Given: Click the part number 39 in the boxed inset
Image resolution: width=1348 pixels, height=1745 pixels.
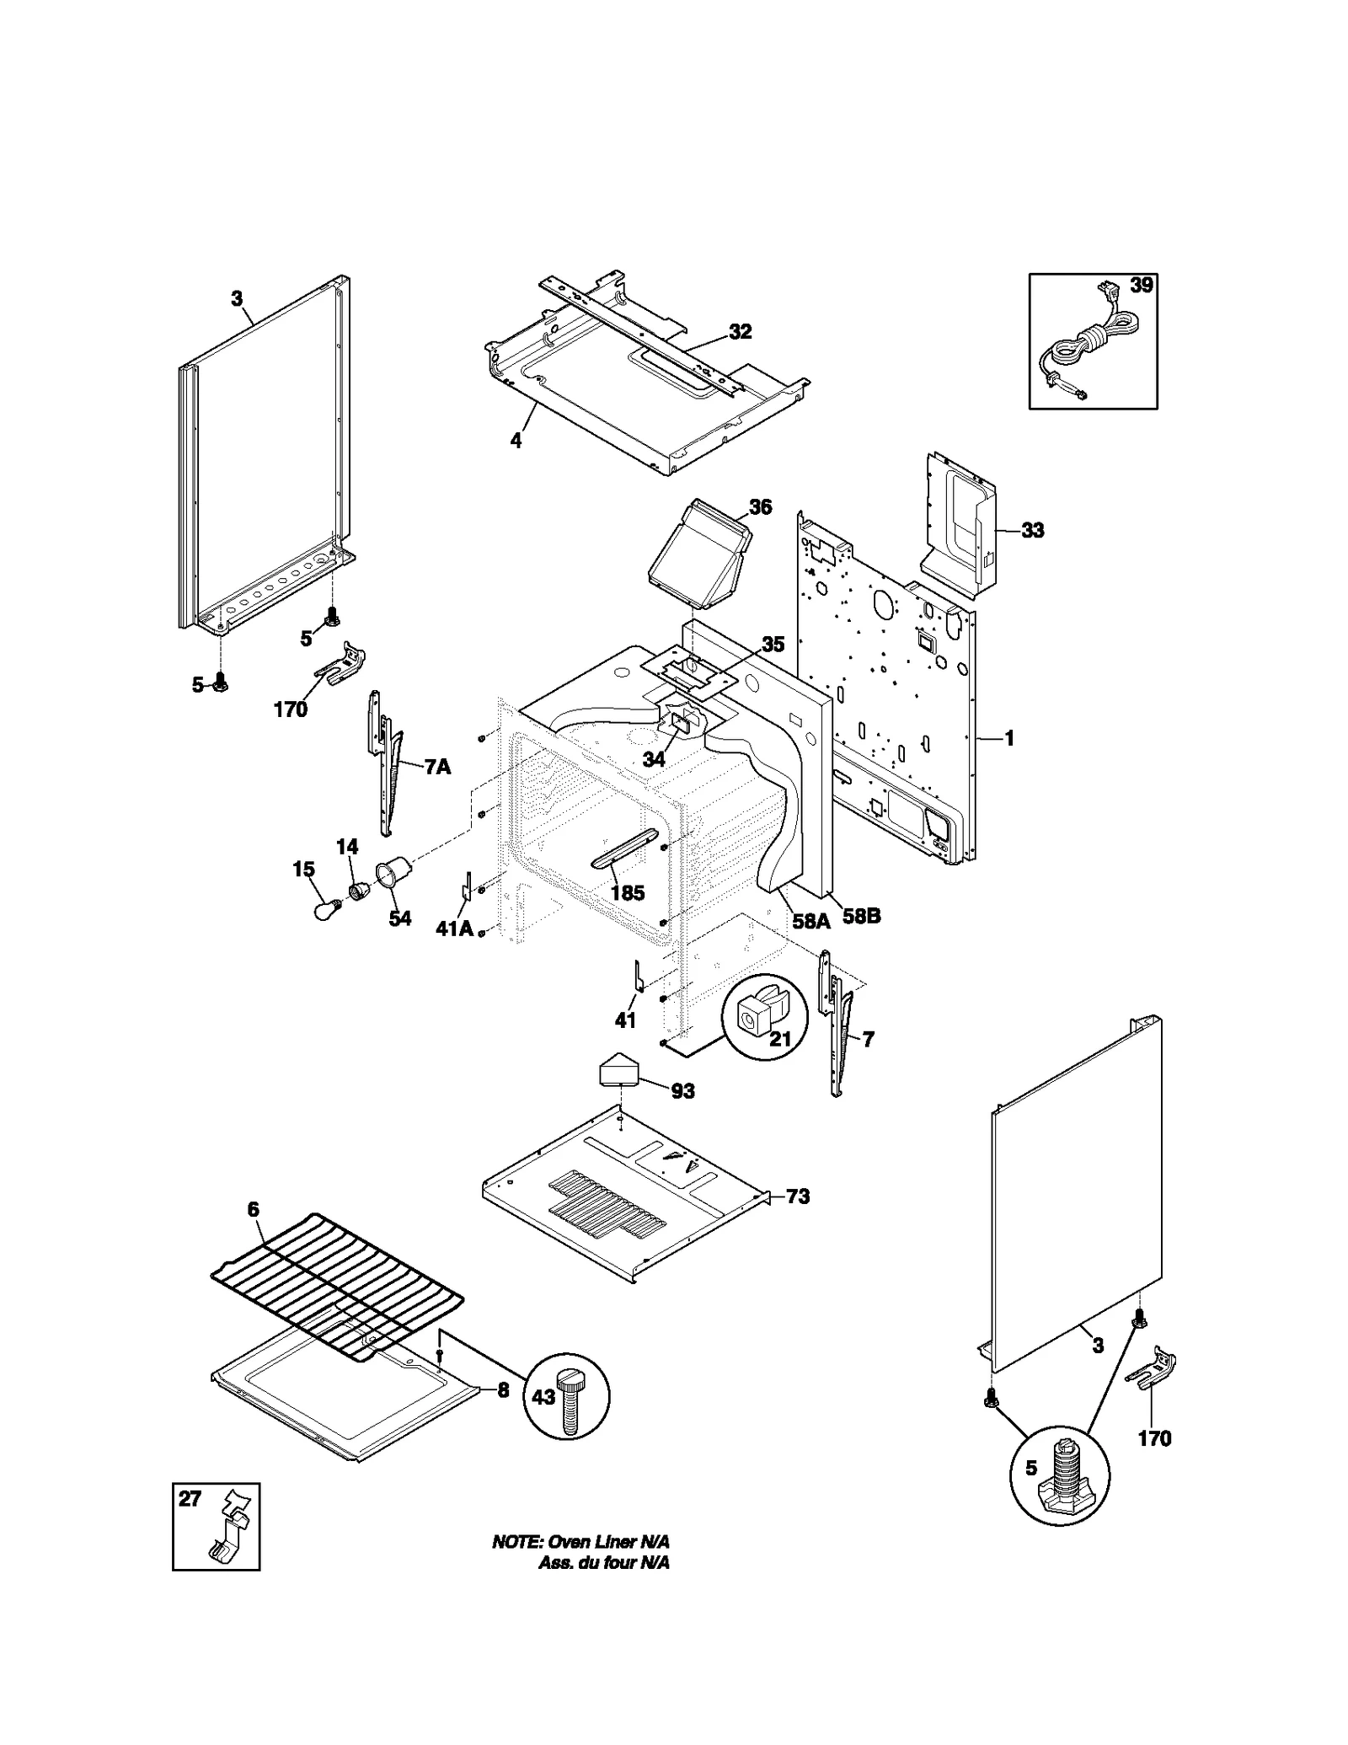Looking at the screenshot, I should (1141, 286).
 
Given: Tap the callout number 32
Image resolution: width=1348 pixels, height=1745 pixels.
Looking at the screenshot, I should (740, 332).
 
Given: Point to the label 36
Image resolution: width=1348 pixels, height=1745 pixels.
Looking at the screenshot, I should (760, 507).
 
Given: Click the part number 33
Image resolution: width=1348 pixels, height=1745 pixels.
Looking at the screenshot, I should (1032, 530).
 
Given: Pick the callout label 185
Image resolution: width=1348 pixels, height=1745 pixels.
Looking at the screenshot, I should (627, 893).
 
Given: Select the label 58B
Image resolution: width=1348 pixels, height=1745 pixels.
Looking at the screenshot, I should (861, 916).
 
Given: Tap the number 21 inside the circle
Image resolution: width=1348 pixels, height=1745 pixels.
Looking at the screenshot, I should (780, 1039).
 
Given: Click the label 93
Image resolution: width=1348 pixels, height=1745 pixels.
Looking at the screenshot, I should (682, 1091).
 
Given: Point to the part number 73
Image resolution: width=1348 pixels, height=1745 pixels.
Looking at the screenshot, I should (797, 1196).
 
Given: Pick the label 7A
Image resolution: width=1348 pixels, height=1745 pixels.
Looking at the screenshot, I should (436, 767).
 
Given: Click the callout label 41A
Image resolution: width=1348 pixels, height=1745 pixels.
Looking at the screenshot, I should (453, 929).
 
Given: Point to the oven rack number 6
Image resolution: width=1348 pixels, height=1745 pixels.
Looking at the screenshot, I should (254, 1210).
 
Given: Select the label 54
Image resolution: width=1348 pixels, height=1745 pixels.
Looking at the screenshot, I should (399, 918).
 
